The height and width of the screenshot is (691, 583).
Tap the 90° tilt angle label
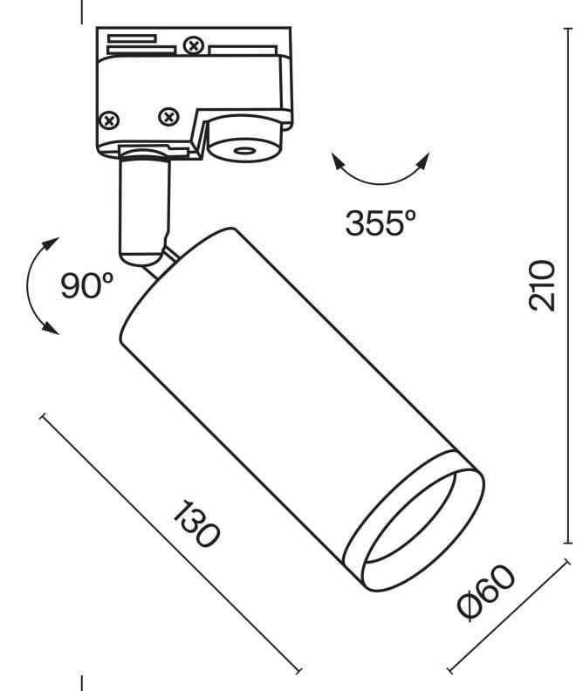[87, 286]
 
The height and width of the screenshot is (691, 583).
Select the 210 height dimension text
[541, 284]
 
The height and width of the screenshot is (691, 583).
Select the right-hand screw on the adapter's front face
[168, 115]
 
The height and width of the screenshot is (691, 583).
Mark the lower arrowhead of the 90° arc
[51, 329]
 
